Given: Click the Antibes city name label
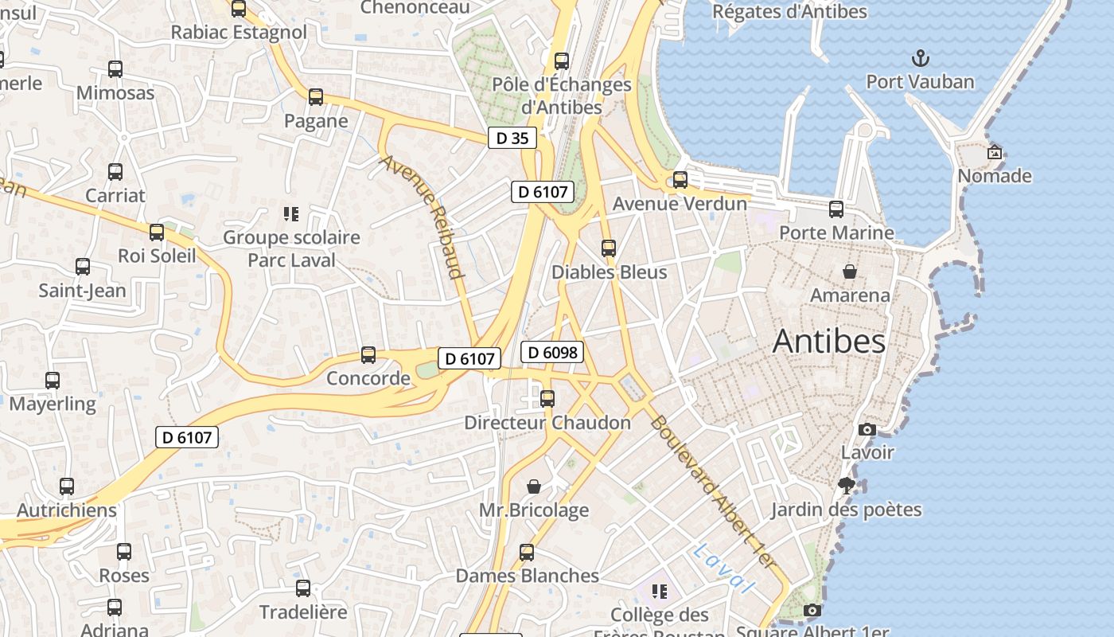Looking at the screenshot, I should [828, 342].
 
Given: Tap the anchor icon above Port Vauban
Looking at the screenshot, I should [920, 58].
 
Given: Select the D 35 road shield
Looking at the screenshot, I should [512, 138].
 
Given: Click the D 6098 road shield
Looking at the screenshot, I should [552, 352].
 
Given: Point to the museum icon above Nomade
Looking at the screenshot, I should [994, 151].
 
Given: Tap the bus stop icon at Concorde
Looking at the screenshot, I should [368, 354].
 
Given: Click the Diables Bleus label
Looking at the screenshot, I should [609, 272].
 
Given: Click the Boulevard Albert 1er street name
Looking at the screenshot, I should [711, 491].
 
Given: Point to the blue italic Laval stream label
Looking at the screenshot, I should [723, 568].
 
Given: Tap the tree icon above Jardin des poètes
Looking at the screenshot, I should [846, 485].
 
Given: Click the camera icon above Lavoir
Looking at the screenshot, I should [867, 430].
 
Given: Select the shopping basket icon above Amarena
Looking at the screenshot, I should [850, 272].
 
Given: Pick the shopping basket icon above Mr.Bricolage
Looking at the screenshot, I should [534, 486].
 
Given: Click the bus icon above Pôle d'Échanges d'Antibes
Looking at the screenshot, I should [562, 61].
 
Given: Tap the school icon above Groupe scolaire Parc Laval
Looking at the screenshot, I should [290, 213].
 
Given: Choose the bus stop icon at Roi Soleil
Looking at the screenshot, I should [157, 233].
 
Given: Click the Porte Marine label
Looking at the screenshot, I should [836, 233].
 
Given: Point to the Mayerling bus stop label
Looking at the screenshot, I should [53, 404].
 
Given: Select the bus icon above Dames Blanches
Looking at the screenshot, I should [527, 552].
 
